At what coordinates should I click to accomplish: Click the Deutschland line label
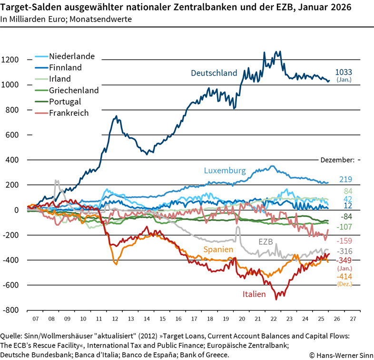214,73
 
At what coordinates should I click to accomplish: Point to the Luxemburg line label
225,170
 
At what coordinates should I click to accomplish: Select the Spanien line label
218,250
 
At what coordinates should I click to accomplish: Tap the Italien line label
254,294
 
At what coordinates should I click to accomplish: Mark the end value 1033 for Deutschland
344,72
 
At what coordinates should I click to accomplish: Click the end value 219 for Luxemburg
345,180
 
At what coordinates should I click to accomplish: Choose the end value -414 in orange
344,277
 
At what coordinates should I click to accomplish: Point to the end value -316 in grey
344,251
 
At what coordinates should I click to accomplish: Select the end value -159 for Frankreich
344,240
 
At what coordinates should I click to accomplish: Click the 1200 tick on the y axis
10,60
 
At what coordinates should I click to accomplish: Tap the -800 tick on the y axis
10,310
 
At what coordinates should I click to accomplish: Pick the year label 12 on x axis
116,319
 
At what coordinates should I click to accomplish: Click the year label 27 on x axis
353,319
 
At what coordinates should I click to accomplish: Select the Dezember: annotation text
337,160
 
